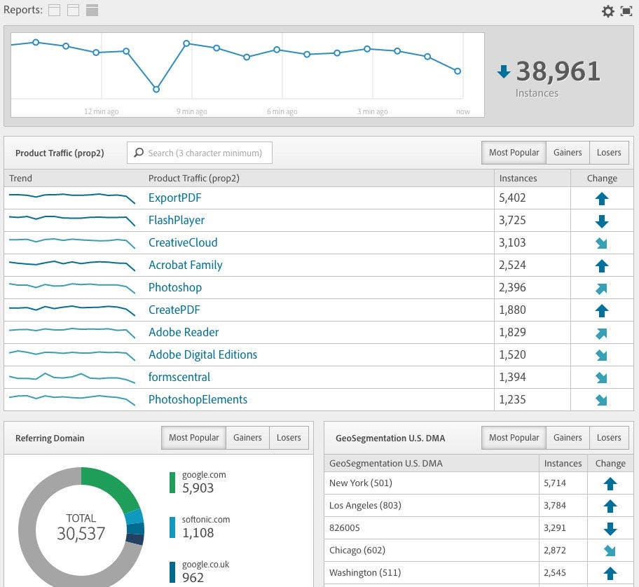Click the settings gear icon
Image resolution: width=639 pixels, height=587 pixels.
[607, 11]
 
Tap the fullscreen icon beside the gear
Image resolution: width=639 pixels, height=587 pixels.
[626, 11]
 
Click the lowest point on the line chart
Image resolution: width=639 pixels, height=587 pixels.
[156, 89]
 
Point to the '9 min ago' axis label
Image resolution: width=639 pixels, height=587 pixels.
[191, 111]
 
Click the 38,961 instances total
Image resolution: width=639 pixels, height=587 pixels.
[558, 71]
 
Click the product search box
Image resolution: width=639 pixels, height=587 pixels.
[200, 153]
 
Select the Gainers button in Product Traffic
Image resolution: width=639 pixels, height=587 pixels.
[567, 153]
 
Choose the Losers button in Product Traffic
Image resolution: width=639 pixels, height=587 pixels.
[608, 153]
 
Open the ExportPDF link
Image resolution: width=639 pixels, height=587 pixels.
[174, 198]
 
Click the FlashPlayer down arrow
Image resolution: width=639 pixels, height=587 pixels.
[601, 221]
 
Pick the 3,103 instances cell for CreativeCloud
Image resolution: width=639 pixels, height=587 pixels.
[512, 242]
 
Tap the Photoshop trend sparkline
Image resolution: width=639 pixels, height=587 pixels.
[71, 287]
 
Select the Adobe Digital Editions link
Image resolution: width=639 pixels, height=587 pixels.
[202, 354]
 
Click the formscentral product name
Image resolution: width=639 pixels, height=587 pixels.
[179, 377]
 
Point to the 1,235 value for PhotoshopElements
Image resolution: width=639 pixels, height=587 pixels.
[512, 399]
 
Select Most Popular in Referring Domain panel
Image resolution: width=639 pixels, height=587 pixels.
[193, 438]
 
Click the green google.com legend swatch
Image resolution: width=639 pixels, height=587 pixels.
[172, 482]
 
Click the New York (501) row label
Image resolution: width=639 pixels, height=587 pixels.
[361, 483]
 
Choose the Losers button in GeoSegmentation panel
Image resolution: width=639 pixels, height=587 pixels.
[608, 438]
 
